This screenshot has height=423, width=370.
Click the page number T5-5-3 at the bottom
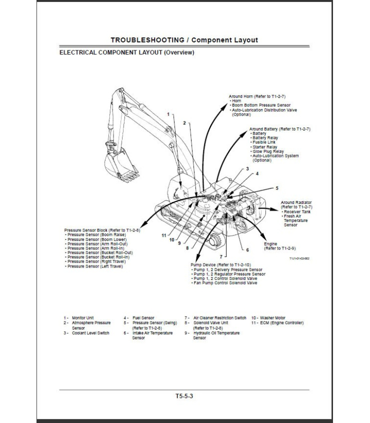(184, 396)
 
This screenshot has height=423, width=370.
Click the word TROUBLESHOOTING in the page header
(148, 40)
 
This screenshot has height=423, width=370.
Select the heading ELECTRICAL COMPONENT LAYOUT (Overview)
(126, 52)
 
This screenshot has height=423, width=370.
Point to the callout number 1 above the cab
(168, 114)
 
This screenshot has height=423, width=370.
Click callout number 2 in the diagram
(184, 122)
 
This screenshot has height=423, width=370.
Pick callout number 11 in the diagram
(163, 235)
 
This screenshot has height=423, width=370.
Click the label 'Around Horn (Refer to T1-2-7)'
(257, 96)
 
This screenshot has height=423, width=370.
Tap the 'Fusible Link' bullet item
(264, 142)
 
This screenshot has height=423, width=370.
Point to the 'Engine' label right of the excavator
(270, 244)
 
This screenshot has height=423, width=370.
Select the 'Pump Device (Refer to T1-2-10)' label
(220, 264)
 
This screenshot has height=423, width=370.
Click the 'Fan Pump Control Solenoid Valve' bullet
(224, 283)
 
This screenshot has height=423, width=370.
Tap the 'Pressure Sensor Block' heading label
(102, 230)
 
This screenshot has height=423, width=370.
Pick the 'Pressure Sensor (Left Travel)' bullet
(95, 266)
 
